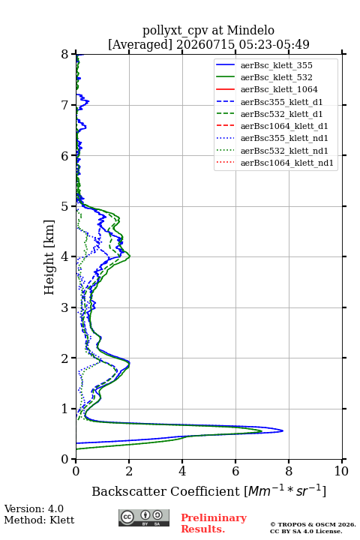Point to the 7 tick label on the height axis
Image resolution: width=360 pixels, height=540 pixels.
(x=64, y=105)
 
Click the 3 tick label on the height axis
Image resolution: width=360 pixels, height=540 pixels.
(x=64, y=307)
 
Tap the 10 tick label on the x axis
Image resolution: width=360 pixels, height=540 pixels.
(x=341, y=471)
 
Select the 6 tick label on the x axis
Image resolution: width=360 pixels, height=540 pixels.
(x=235, y=471)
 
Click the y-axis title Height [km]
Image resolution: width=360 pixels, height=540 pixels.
(x=49, y=257)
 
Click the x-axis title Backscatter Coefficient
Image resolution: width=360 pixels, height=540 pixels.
(x=165, y=491)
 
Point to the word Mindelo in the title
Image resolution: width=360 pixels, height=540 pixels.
(x=250, y=30)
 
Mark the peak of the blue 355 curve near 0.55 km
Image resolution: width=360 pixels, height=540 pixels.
(x=283, y=430)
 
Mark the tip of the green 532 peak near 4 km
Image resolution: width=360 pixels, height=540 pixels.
(x=130, y=256)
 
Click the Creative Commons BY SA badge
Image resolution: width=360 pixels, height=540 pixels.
(x=144, y=518)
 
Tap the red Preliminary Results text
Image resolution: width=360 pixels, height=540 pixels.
(x=214, y=523)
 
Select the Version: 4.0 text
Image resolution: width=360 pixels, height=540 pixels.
(x=34, y=508)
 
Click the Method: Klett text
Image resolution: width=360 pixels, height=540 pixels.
(x=39, y=520)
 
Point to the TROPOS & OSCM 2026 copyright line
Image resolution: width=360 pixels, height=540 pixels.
(x=313, y=524)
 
